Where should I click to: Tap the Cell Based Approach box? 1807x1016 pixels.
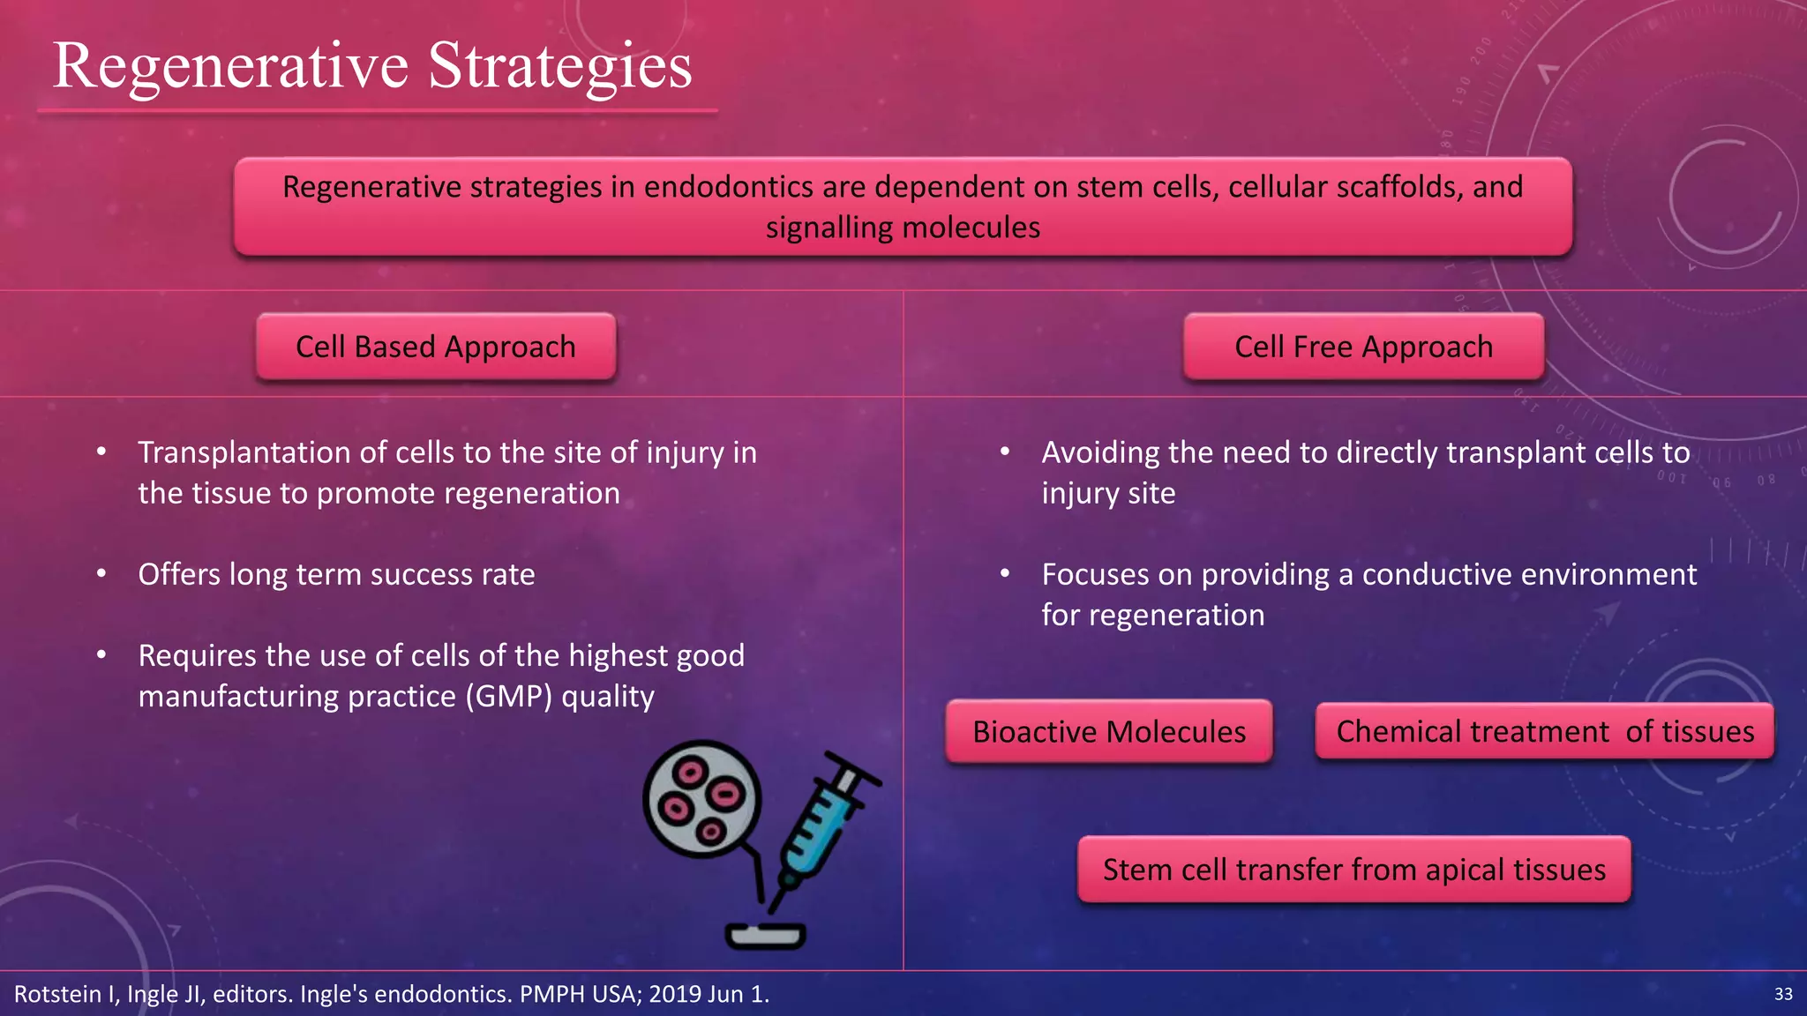click(x=436, y=347)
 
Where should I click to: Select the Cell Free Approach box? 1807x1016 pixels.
click(x=1363, y=347)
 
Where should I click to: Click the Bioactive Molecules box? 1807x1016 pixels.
click(x=1108, y=731)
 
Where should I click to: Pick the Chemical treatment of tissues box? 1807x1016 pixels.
click(x=1544, y=731)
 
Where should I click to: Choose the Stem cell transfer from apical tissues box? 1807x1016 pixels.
click(x=1353, y=870)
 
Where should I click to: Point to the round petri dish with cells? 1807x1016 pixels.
click(x=701, y=799)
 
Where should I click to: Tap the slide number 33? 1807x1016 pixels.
click(x=1783, y=994)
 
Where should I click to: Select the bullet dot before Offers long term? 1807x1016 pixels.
click(x=101, y=574)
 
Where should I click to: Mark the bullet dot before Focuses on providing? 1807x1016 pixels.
click(x=1004, y=574)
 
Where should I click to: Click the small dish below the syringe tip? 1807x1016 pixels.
click(x=765, y=935)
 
